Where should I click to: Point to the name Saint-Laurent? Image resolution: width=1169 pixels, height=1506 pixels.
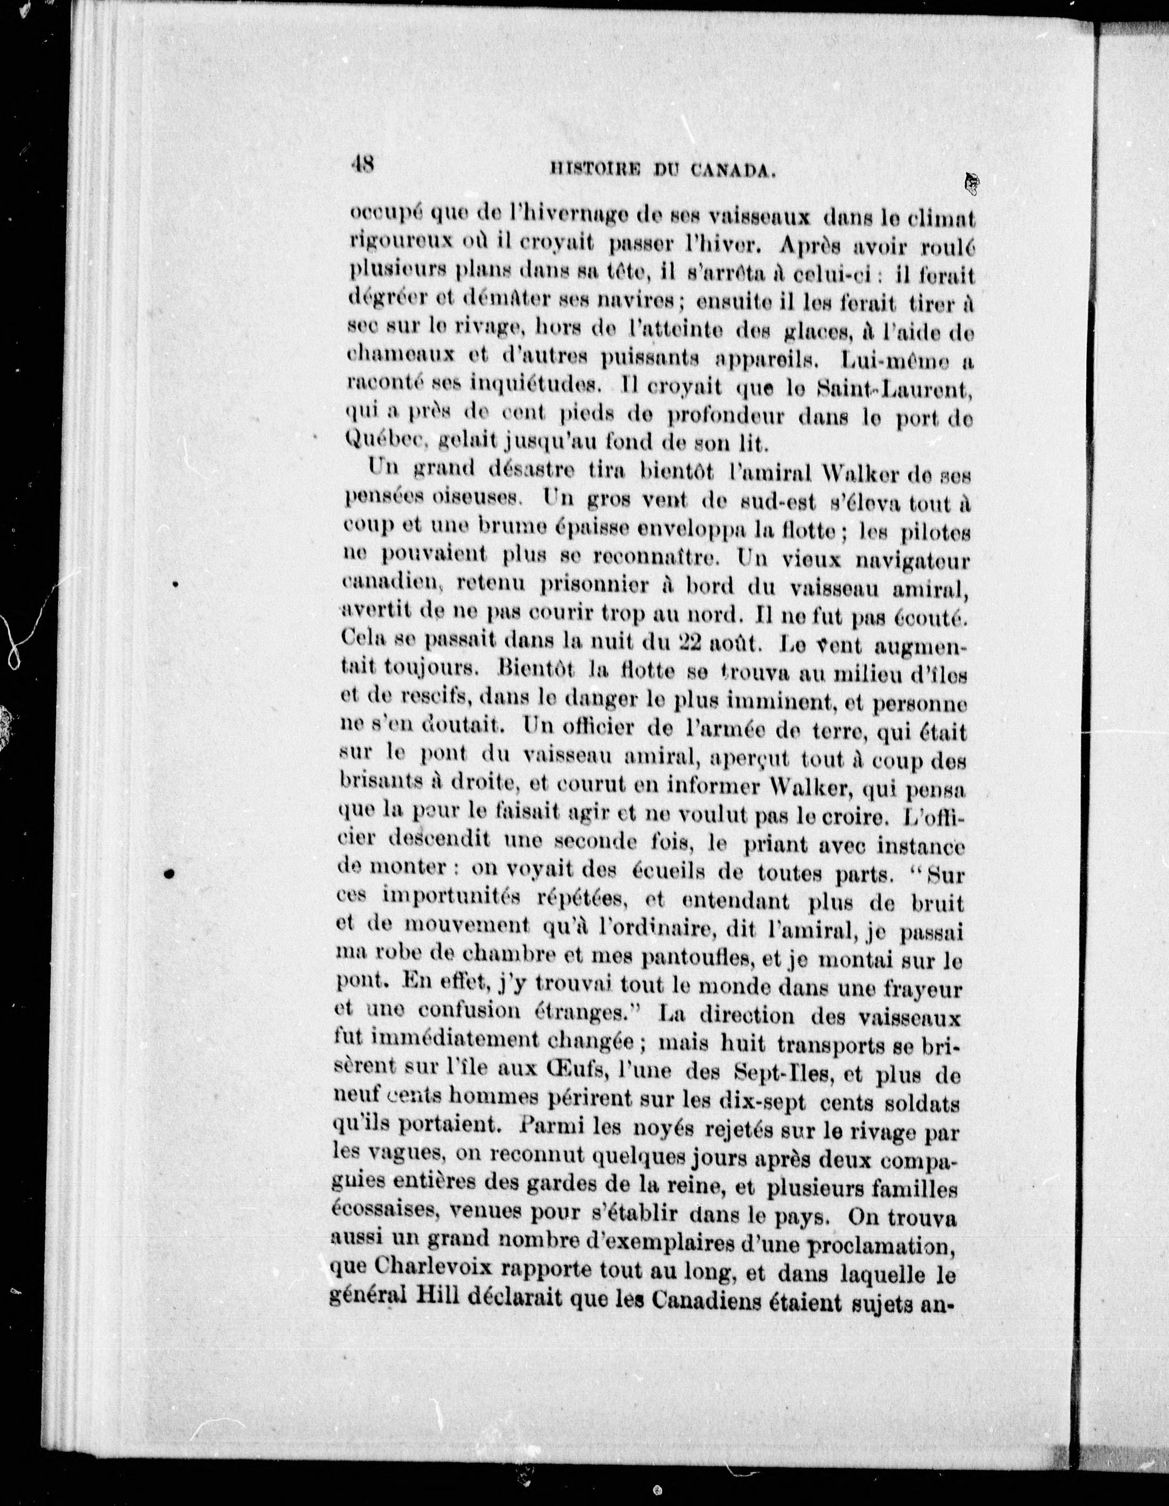click(x=894, y=390)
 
